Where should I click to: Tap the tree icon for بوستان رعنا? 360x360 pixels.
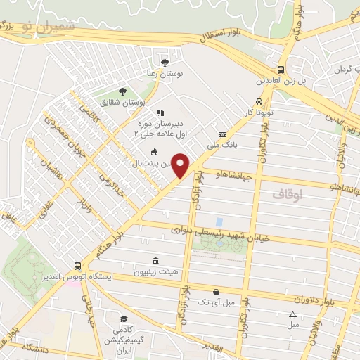[165, 63]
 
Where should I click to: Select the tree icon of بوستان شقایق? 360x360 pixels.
[122, 91]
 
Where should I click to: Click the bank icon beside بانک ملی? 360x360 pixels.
[223, 134]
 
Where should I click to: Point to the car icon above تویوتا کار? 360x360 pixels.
[259, 101]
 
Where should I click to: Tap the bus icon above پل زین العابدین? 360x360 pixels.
[281, 70]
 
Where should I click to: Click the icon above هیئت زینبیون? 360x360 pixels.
[155, 261]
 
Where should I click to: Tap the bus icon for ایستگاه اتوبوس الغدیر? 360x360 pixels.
[77, 266]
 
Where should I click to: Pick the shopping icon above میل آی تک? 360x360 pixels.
[216, 292]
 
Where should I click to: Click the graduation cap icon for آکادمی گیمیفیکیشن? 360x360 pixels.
[123, 319]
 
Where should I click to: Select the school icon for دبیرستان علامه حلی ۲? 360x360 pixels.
[160, 112]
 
